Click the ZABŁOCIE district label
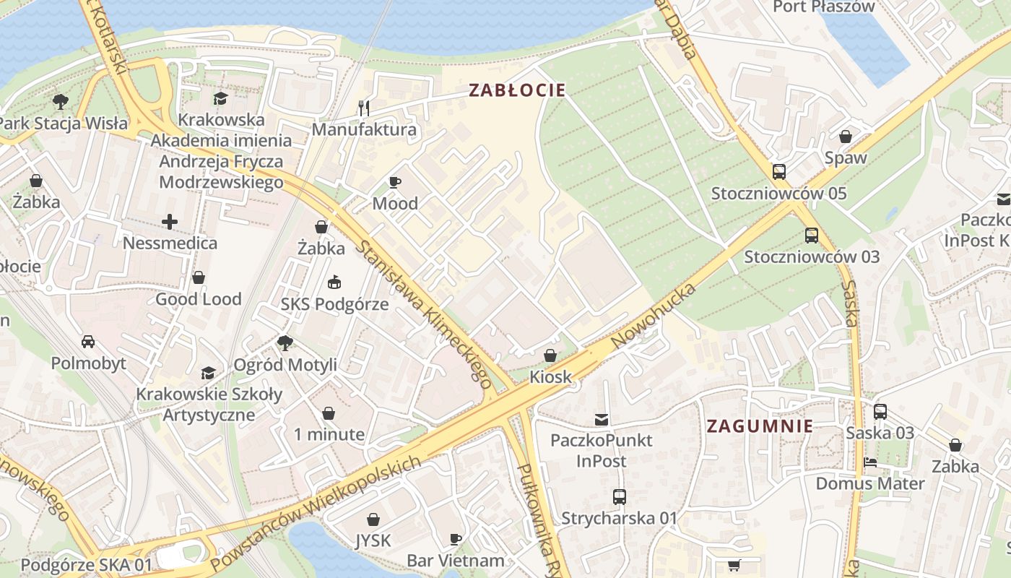[x=517, y=90]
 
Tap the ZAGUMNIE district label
[x=760, y=426]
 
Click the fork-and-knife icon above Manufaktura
[x=364, y=108]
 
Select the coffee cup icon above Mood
[x=394, y=182]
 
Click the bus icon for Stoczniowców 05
[x=778, y=172]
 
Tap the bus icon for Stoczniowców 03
[x=812, y=236]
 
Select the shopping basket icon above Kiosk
[x=550, y=355]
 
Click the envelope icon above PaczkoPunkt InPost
[x=601, y=419]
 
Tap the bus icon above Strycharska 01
[x=619, y=497]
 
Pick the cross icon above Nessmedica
[x=170, y=221]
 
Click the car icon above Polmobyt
[x=88, y=341]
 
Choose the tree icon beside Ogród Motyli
[x=285, y=343]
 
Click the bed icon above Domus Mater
[x=869, y=462]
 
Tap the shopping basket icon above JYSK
[x=373, y=519]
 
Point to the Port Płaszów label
[x=824, y=7]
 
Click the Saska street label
[x=850, y=303]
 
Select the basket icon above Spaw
[x=845, y=137]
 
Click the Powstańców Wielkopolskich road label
[x=315, y=512]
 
